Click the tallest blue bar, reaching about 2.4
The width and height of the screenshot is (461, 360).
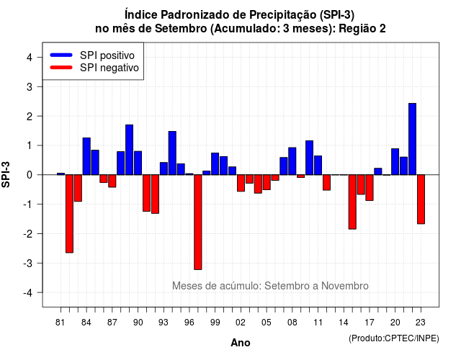412,139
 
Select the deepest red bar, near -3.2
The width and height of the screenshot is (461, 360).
198,222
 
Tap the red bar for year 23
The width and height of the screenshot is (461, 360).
421,199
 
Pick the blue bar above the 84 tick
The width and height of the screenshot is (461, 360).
86,156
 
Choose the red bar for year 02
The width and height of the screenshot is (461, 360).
241,183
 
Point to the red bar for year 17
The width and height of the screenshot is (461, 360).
370,188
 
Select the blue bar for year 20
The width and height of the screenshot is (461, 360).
395,161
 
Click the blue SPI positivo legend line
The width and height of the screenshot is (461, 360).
61,55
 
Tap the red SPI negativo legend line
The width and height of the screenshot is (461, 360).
61,67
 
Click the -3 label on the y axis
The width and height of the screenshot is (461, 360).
28,264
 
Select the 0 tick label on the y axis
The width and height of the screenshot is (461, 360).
30,175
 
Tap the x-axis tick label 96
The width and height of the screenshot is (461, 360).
189,323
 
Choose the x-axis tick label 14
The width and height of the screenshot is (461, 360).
344,323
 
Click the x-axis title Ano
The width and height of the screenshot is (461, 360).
241,343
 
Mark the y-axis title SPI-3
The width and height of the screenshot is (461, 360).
6,174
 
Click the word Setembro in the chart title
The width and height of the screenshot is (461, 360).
181,29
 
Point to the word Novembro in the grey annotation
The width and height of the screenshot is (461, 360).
344,286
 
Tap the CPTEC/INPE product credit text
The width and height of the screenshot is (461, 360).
394,338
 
